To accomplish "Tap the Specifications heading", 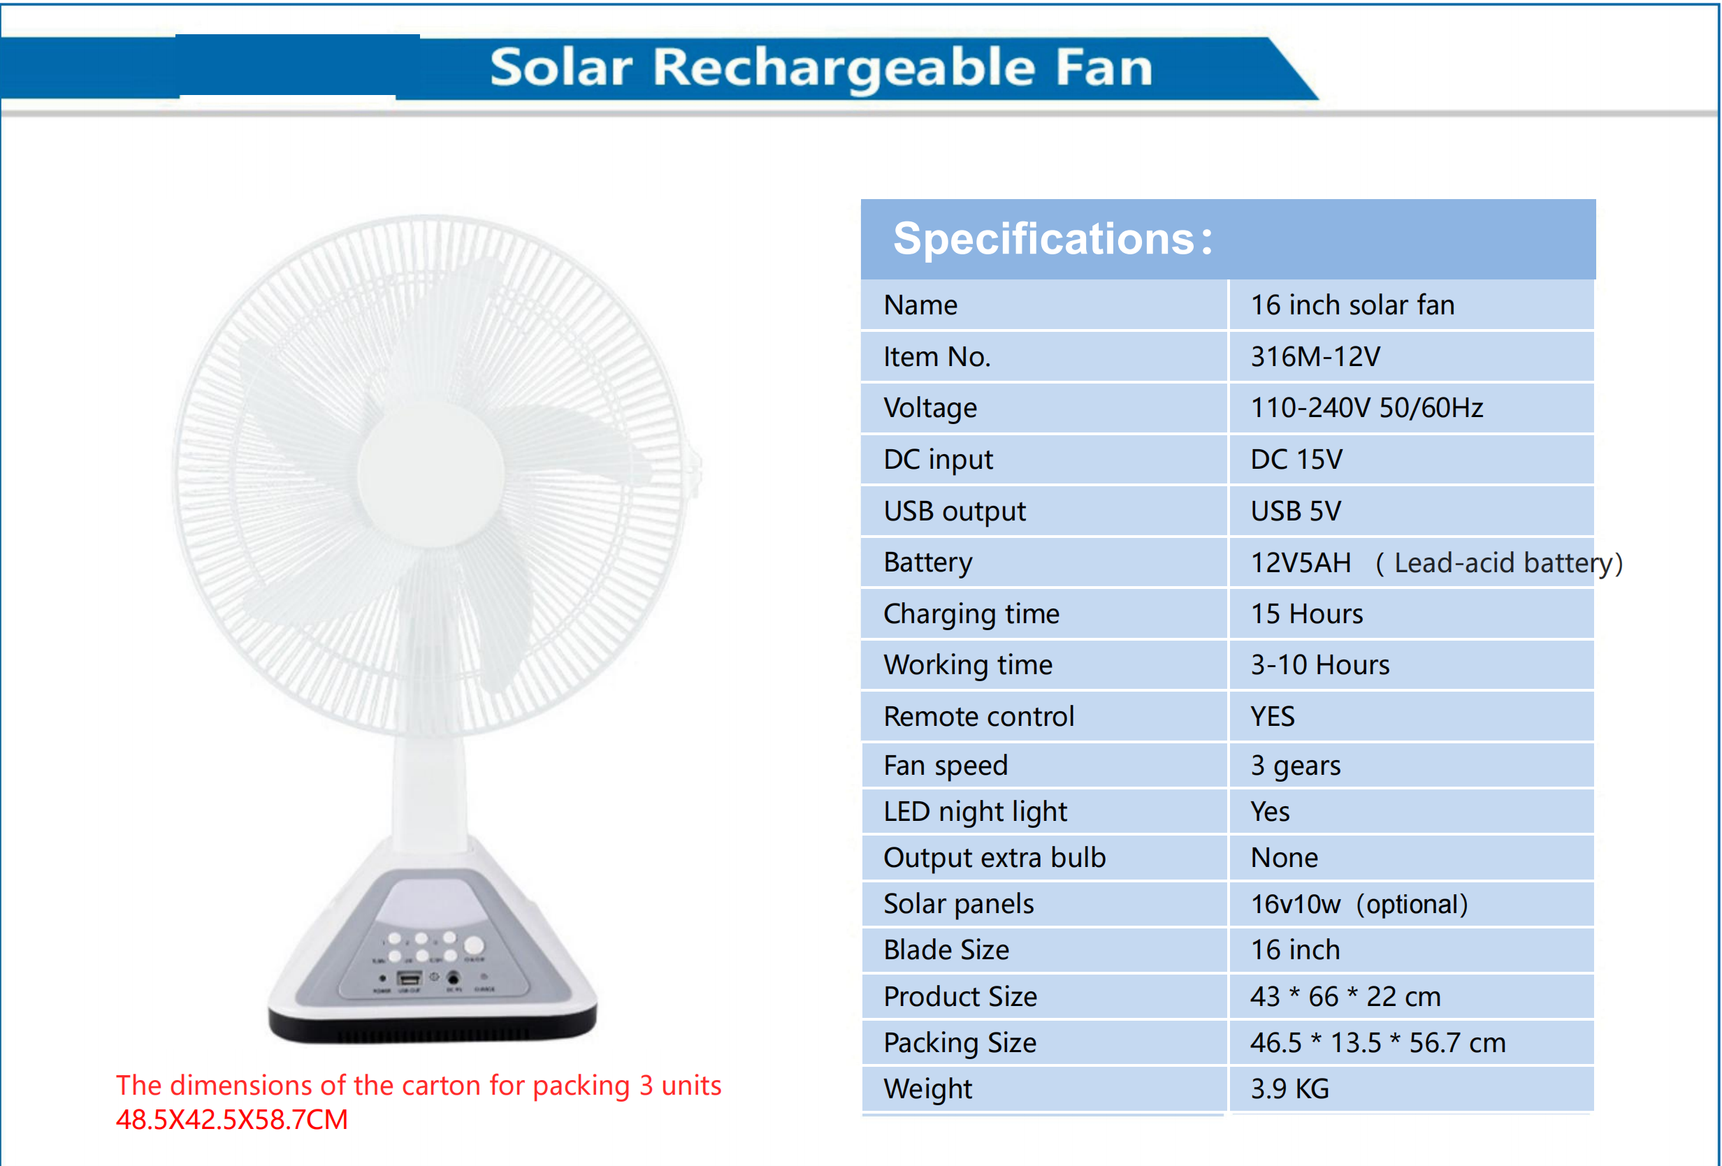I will click(x=1052, y=238).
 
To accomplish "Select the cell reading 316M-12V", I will click(x=1315, y=357).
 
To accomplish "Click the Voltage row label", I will click(x=930, y=408).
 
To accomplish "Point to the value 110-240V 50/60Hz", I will click(x=1366, y=408).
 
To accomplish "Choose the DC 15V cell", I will click(x=1296, y=460).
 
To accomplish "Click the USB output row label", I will click(x=955, y=511).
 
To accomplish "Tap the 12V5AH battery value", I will click(x=1301, y=563).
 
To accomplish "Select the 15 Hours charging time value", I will click(x=1306, y=614).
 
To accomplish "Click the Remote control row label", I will click(x=978, y=716).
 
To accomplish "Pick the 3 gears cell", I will click(x=1295, y=765).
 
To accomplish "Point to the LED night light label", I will click(x=975, y=812).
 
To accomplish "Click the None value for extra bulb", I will click(x=1284, y=858).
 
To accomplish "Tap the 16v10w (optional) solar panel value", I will click(x=1358, y=905).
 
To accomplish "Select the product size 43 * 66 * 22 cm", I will click(x=1345, y=996).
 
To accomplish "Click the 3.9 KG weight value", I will click(x=1289, y=1089).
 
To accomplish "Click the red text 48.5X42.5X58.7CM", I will click(x=232, y=1119).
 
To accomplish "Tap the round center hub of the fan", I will click(x=431, y=474).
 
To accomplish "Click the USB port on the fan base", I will click(x=409, y=979).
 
